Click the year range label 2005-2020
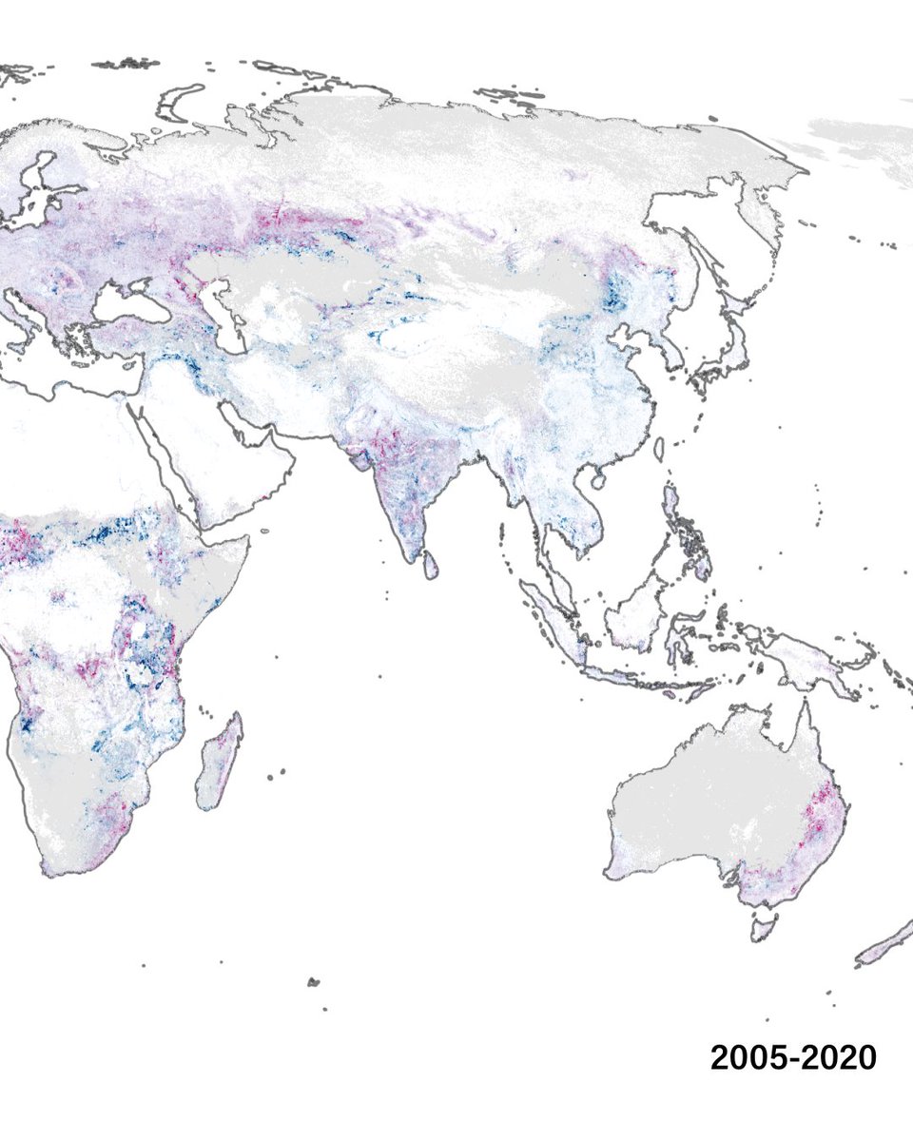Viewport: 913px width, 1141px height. point(793,1057)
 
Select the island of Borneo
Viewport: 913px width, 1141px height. point(635,609)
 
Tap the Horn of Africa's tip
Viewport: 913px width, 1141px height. point(248,538)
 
